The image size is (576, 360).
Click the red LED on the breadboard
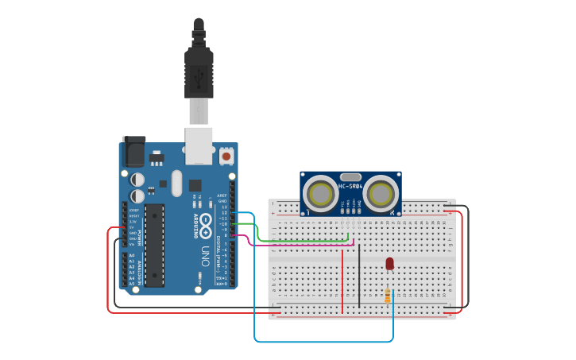pyautogui.click(x=389, y=263)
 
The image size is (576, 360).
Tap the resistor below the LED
pyautogui.click(x=388, y=296)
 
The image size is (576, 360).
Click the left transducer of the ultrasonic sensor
pyautogui.click(x=321, y=194)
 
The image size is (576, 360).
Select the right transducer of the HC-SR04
pyautogui.click(x=381, y=193)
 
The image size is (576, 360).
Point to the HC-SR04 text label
pyautogui.click(x=350, y=187)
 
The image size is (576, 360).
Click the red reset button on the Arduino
pyautogui.click(x=226, y=156)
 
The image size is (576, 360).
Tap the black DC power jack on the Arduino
pyautogui.click(x=133, y=153)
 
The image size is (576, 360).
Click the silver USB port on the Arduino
pyautogui.click(x=199, y=145)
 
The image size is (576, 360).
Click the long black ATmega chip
pyautogui.click(x=154, y=245)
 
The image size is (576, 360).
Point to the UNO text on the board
pyautogui.click(x=204, y=256)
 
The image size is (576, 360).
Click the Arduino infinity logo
pyautogui.click(x=205, y=223)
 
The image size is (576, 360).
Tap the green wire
pyautogui.click(x=302, y=240)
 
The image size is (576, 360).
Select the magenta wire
pyautogui.click(x=302, y=245)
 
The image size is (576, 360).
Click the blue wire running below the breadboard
pyautogui.click(x=318, y=342)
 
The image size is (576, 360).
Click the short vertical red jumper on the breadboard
pyautogui.click(x=342, y=278)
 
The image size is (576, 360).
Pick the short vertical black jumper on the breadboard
pyautogui.click(x=359, y=274)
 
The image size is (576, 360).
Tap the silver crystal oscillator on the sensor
pyautogui.click(x=350, y=177)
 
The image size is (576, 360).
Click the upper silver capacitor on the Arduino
pyautogui.click(x=137, y=180)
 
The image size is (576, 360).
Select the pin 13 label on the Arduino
pyautogui.click(x=225, y=213)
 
